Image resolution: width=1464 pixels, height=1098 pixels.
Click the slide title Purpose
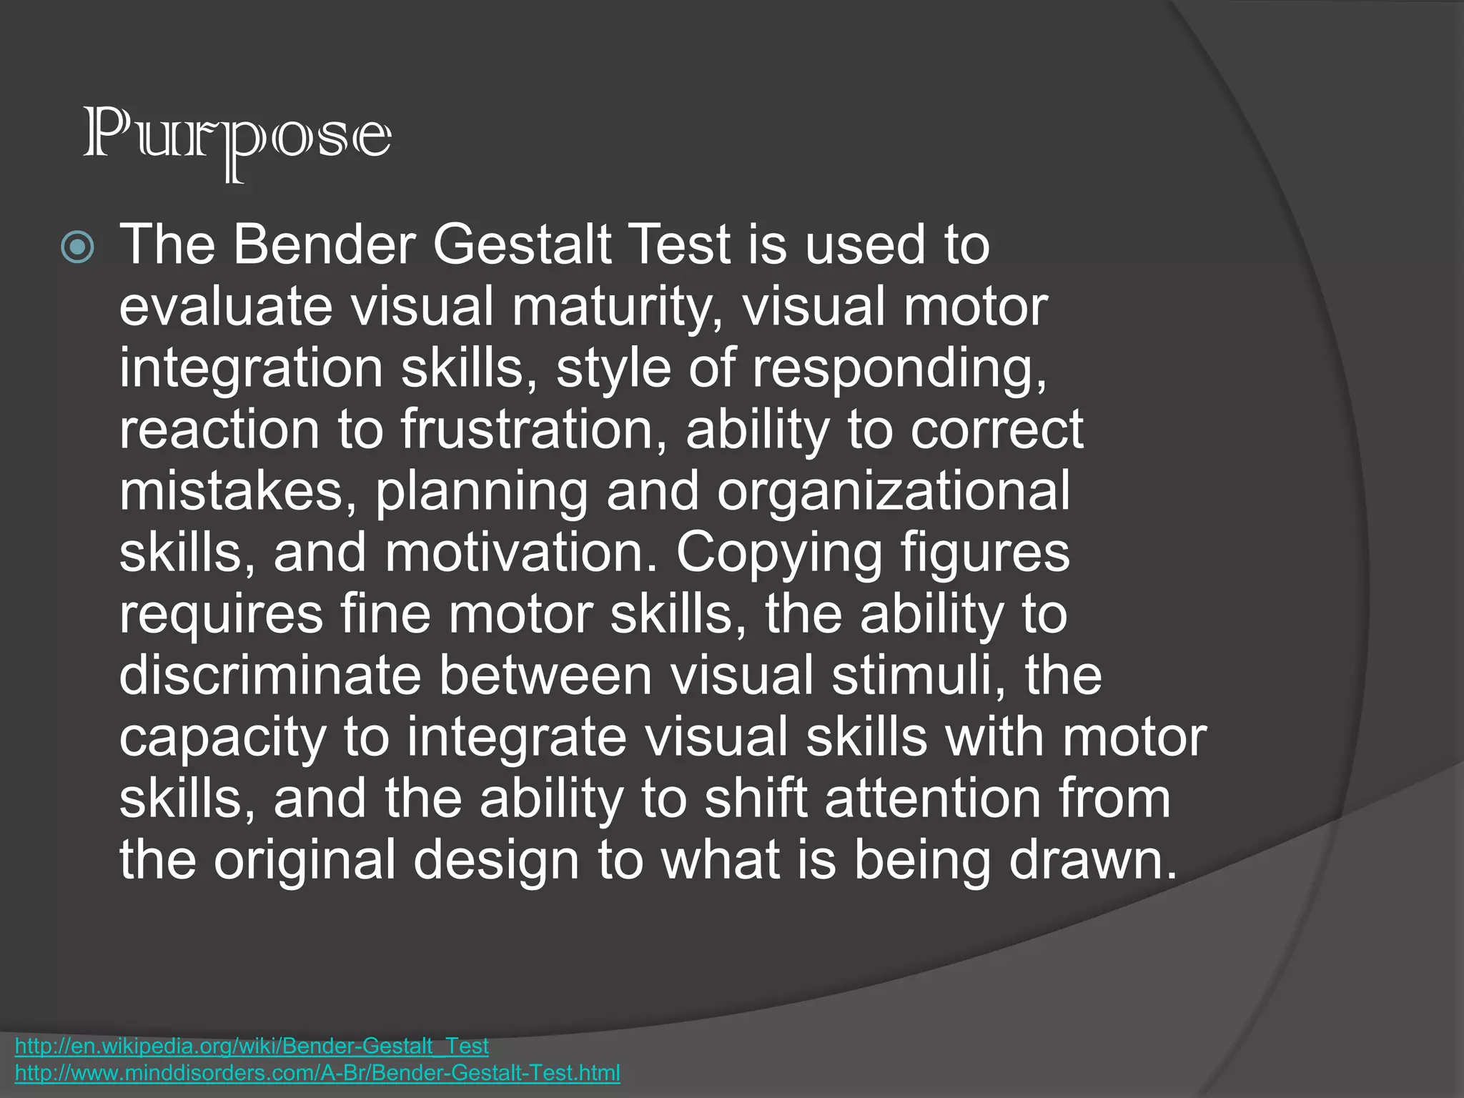237,139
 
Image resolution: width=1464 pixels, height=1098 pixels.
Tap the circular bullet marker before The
77,247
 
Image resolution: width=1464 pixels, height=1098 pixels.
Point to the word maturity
615,307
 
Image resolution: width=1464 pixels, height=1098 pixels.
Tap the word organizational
894,492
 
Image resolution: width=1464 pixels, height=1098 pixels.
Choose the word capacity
222,738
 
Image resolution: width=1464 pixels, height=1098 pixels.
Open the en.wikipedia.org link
252,1047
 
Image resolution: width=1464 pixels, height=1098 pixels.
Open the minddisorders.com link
317,1073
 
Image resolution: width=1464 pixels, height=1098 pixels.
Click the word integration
251,369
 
